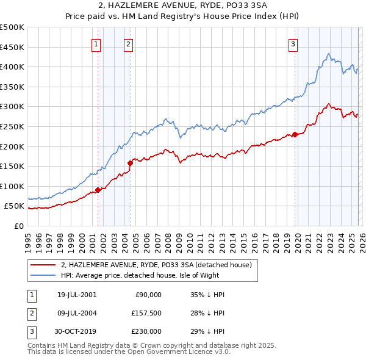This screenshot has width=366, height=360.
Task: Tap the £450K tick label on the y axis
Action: pos(12,47)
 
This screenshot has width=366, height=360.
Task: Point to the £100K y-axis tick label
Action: pos(12,186)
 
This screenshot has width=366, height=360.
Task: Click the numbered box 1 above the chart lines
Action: pos(97,43)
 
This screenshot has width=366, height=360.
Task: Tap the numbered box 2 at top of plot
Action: pos(129,43)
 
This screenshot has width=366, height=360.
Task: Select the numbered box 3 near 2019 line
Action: pos(293,43)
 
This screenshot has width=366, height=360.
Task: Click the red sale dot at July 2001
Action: pos(98,190)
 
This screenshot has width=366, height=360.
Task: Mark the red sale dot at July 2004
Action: pos(130,163)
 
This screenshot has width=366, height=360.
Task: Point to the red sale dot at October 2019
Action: pos(295,134)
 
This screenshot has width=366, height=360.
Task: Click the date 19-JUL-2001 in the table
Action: pos(76,295)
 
